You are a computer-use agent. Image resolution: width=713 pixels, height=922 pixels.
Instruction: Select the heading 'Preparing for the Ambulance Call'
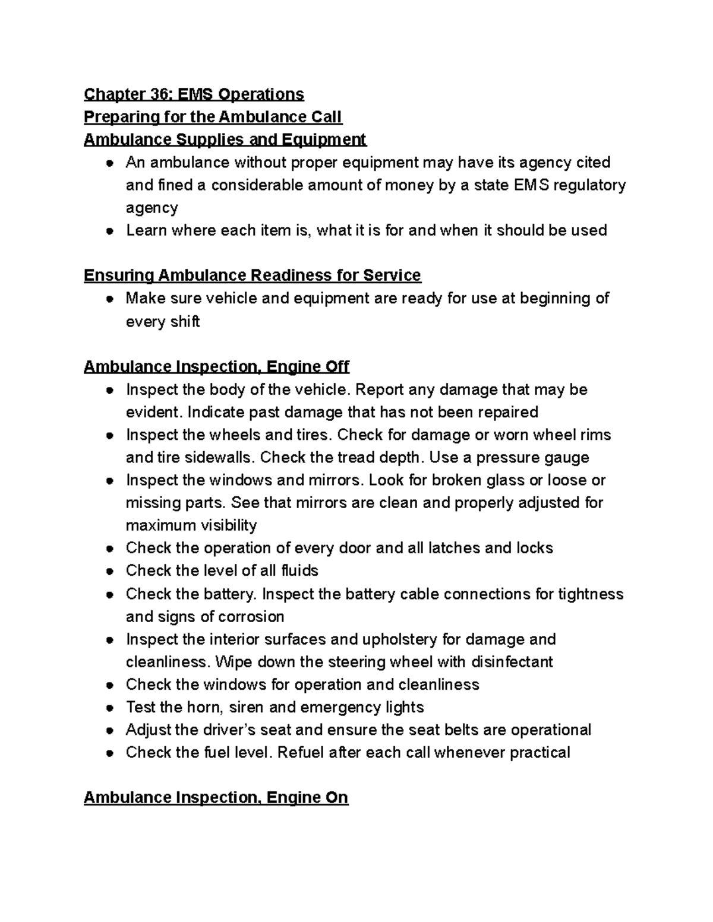[213, 117]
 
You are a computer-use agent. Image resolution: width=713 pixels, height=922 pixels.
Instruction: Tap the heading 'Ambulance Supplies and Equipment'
[225, 140]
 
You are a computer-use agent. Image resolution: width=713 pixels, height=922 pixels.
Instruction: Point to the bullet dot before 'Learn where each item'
[110, 231]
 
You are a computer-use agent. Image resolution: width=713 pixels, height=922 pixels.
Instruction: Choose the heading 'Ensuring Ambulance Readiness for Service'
[252, 275]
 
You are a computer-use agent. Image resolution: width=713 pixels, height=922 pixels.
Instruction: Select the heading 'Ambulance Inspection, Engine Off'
[216, 367]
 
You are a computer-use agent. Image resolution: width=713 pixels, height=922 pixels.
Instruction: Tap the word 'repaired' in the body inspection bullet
[505, 412]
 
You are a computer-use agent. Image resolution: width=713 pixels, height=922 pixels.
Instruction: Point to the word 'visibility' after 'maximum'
[223, 525]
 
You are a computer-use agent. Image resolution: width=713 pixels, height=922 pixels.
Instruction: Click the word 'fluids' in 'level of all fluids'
[297, 571]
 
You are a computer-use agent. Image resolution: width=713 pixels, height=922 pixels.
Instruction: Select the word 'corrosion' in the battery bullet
[246, 616]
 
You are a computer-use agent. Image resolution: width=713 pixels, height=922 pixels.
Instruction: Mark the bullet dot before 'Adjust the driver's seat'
[110, 730]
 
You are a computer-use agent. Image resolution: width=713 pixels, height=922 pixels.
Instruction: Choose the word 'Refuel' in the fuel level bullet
[301, 753]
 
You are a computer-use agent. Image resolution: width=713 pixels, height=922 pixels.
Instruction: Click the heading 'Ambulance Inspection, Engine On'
[216, 797]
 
